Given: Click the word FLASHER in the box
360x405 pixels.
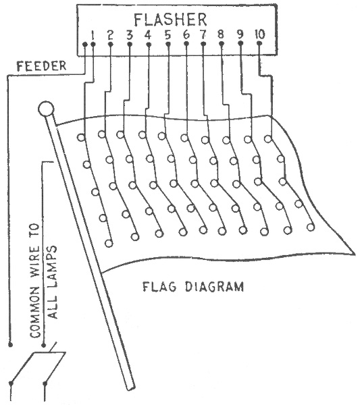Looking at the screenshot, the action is tap(170, 20).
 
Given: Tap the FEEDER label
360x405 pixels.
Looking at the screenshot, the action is tap(41, 66).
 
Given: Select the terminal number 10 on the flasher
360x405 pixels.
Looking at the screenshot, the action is tap(260, 34).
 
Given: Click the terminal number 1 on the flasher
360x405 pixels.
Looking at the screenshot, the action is tap(93, 35).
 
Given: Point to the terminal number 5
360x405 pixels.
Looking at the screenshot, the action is tap(168, 35).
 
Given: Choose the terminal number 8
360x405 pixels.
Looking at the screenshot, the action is tap(221, 34).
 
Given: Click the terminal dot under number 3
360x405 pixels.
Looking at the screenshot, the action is tap(130, 45).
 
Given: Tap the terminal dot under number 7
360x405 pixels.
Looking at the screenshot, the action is tap(203, 44).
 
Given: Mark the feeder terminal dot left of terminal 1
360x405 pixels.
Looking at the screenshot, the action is tap(84, 45).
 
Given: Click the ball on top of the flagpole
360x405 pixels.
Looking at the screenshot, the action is tap(46, 109).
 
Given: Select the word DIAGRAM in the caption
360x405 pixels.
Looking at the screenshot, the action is tap(215, 287).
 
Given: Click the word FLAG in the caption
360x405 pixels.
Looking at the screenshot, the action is tap(159, 287).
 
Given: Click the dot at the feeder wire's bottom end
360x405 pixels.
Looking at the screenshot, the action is tap(10, 344).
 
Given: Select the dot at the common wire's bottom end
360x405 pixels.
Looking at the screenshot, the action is tap(44, 345).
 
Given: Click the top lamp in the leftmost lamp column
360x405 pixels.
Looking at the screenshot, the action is tap(82, 138).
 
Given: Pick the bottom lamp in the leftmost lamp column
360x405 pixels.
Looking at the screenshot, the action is tap(109, 244).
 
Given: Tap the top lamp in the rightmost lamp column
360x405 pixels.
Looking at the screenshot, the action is tap(268, 138).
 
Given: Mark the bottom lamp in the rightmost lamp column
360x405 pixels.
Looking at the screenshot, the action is tap(311, 227).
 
